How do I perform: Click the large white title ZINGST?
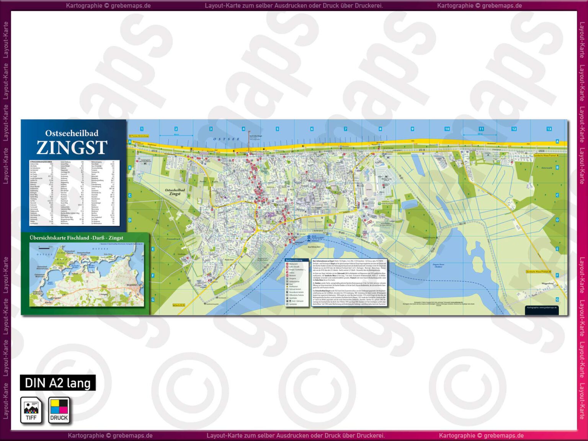pyautogui.click(x=72, y=147)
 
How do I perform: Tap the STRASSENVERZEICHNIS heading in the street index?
pyautogui.click(x=41, y=162)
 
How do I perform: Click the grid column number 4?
pyautogui.click(x=243, y=129)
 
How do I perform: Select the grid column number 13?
pyautogui.click(x=549, y=129)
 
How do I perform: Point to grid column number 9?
pyautogui.click(x=412, y=129)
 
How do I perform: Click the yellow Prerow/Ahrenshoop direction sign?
pyautogui.click(x=139, y=136)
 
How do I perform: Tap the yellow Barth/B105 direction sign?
pyautogui.click(x=179, y=305)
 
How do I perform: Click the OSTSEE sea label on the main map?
pyautogui.click(x=226, y=139)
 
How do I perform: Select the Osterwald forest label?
pyautogui.click(x=547, y=168)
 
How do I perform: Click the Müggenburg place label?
pyautogui.click(x=547, y=283)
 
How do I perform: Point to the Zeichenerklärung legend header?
pyautogui.click(x=294, y=260)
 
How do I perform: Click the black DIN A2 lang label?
pyautogui.click(x=58, y=383)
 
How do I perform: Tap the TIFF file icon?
pyautogui.click(x=31, y=410)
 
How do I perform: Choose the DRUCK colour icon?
pyautogui.click(x=59, y=410)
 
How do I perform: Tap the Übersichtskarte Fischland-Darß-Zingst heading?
pyautogui.click(x=77, y=238)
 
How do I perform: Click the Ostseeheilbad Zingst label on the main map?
pyautogui.click(x=175, y=192)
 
